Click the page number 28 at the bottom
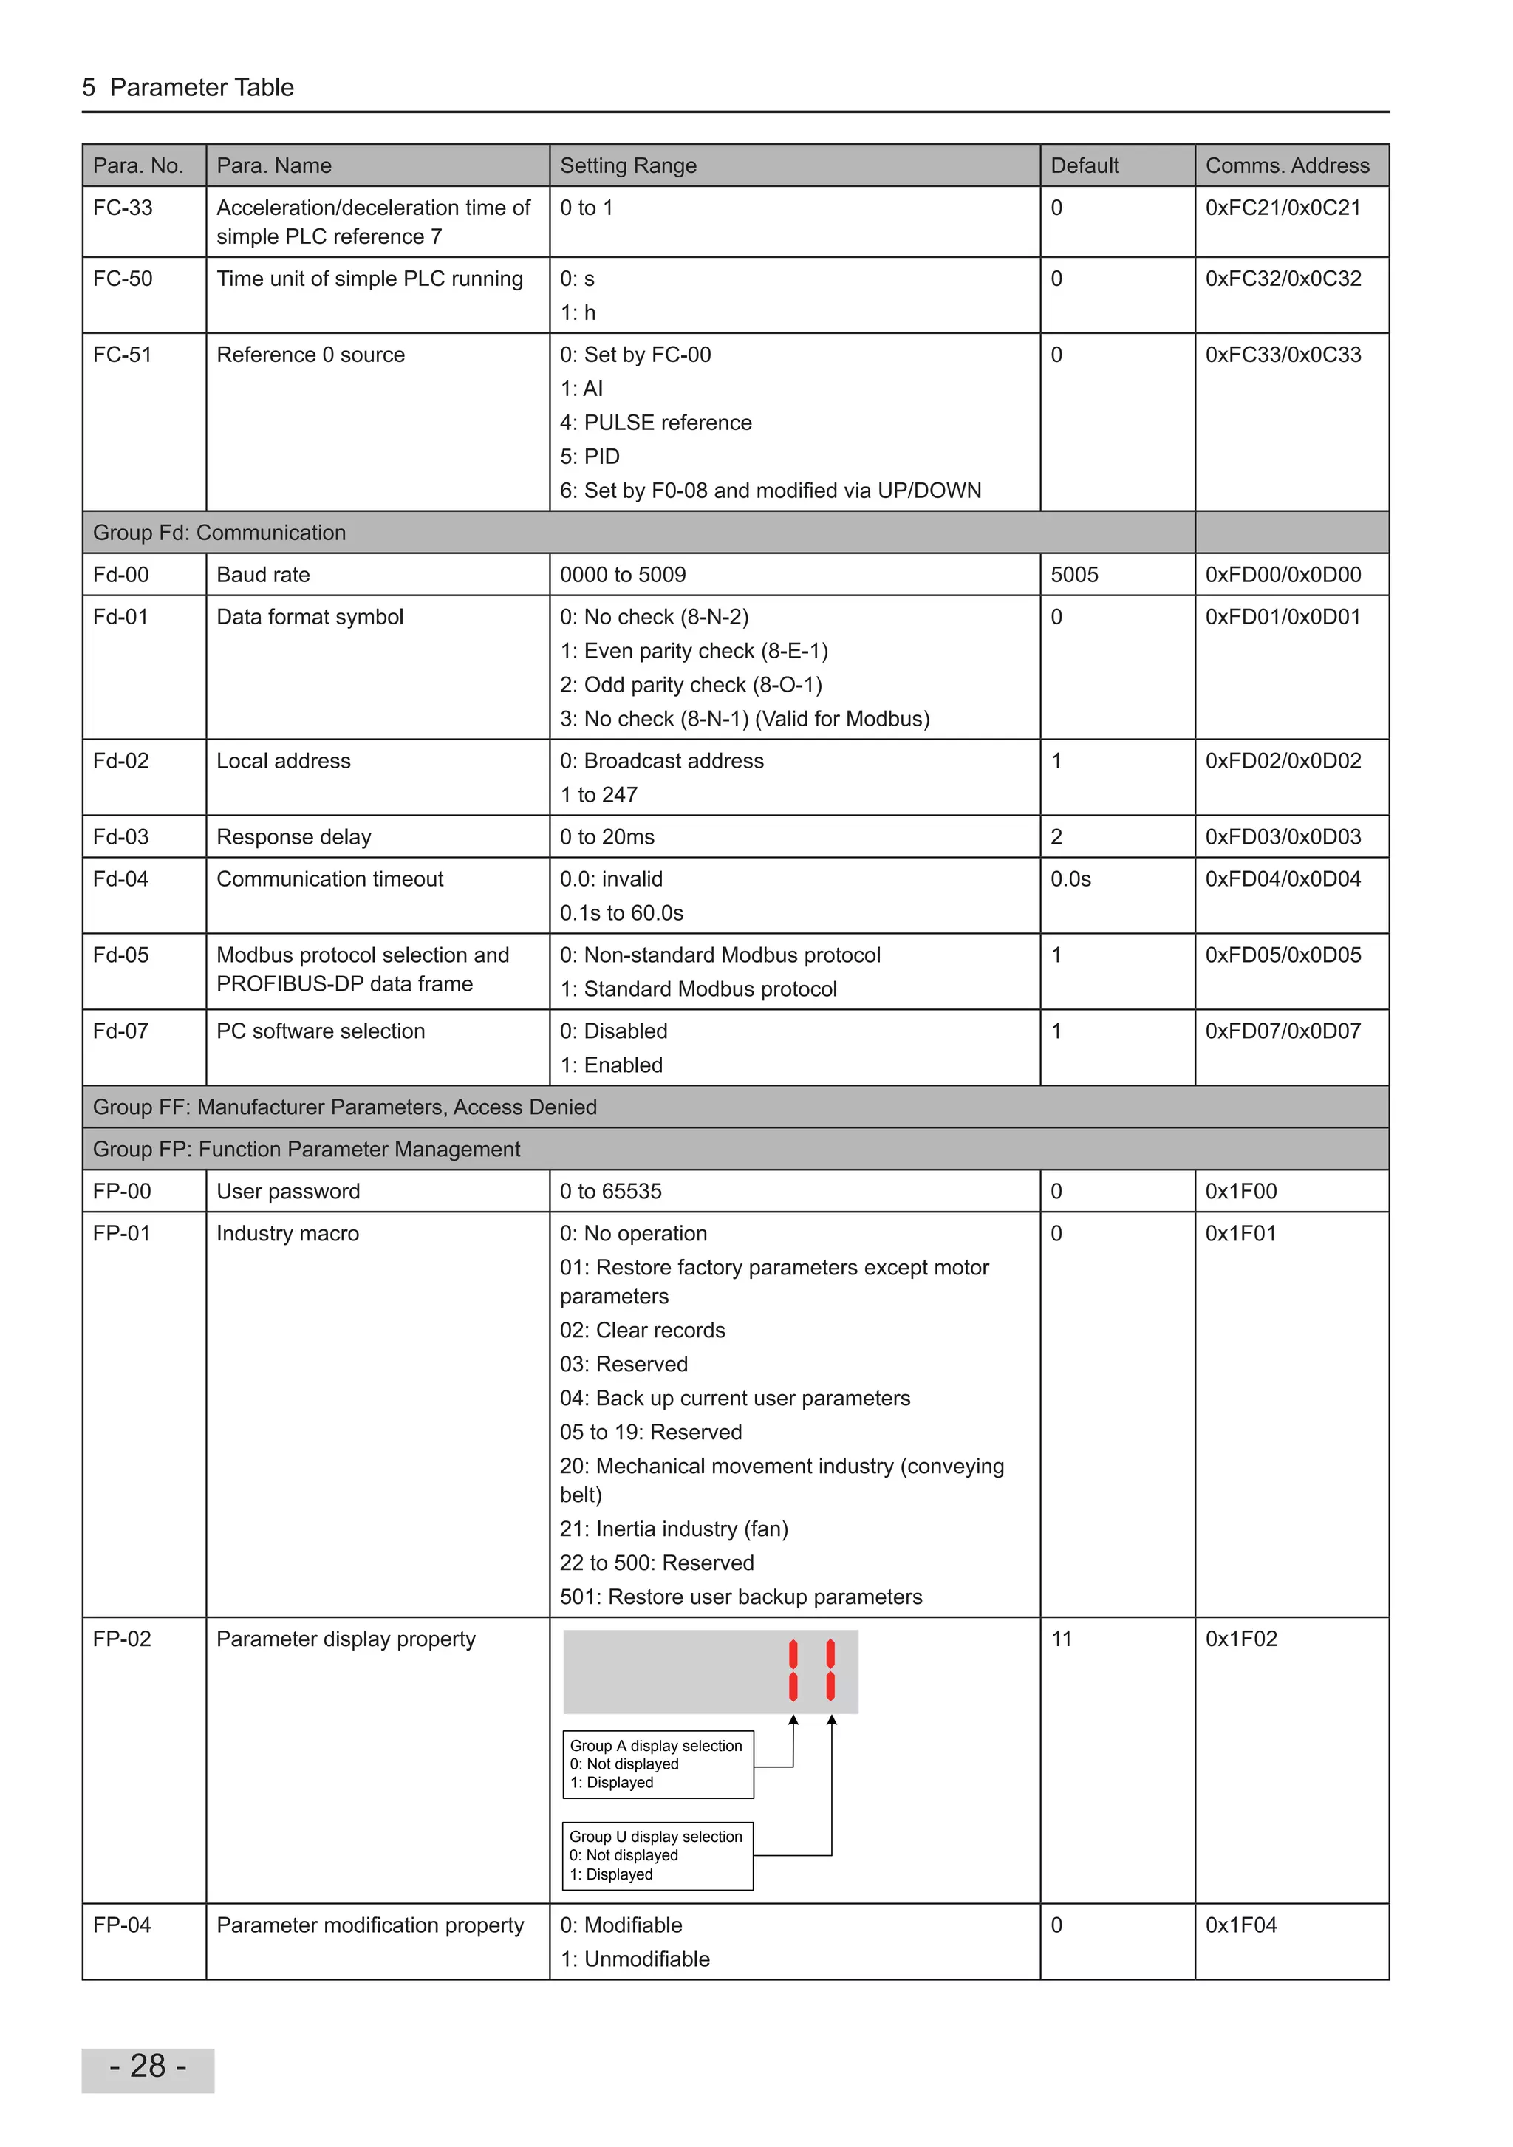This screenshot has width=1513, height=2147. [x=148, y=2066]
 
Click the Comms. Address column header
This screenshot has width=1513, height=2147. [x=1287, y=165]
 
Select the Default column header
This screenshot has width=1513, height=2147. [x=1084, y=165]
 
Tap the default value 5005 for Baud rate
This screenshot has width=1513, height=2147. [x=1073, y=574]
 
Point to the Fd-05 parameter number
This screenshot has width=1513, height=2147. [x=120, y=955]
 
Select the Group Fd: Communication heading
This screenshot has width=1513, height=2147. [x=219, y=532]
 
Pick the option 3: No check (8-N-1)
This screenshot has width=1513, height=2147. [x=745, y=718]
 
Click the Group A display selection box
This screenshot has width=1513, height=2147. [x=658, y=1764]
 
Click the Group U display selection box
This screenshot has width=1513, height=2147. [x=658, y=1855]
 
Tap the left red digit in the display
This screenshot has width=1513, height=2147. [x=793, y=1670]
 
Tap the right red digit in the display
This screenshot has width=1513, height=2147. [x=830, y=1670]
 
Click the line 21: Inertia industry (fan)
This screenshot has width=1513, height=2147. [x=673, y=1528]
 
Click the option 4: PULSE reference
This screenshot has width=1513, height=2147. [x=655, y=423]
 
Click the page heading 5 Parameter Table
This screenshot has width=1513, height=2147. [x=188, y=87]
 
